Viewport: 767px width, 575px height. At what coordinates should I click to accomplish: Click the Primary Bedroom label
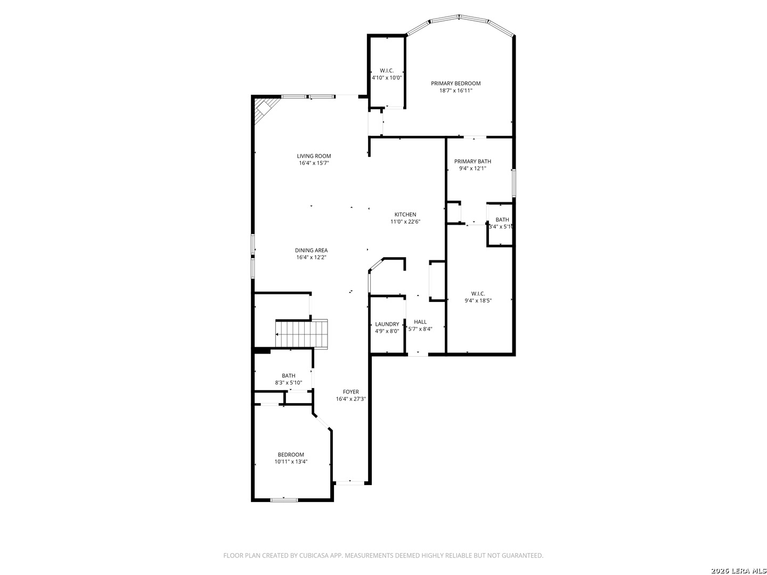[x=455, y=84]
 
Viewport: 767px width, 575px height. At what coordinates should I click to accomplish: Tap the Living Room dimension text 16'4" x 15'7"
[x=314, y=163]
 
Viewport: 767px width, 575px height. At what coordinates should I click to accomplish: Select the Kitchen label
[x=405, y=215]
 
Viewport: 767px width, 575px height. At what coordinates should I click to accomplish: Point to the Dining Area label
[x=311, y=250]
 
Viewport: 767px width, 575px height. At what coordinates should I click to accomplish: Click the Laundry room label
[x=387, y=324]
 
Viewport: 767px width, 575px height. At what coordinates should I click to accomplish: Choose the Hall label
[x=420, y=322]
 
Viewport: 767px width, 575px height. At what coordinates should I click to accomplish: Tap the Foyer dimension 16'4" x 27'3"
[x=350, y=399]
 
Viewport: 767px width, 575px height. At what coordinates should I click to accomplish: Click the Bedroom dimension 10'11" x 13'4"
[x=291, y=462]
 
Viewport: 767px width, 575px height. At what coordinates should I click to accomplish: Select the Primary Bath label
[x=472, y=161]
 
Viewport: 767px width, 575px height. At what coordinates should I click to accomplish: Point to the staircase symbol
[x=301, y=334]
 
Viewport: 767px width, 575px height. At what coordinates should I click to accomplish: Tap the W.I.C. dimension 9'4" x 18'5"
[x=478, y=301]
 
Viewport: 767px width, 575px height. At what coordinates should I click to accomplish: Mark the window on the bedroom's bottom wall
[x=284, y=500]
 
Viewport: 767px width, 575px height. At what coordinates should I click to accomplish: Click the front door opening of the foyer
[x=350, y=483]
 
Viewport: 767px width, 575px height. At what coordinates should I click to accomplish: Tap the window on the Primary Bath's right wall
[x=513, y=183]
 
